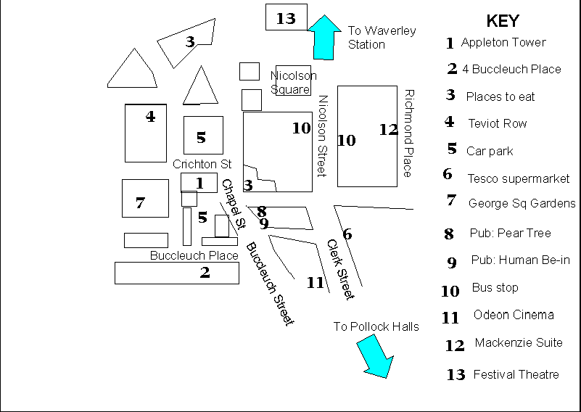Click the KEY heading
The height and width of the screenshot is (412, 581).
(x=502, y=20)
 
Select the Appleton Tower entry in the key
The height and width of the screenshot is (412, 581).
(x=503, y=43)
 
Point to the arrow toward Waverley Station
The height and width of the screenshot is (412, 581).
(x=324, y=38)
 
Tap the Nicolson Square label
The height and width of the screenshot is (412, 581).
(x=293, y=82)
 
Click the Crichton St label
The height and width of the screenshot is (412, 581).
(x=202, y=165)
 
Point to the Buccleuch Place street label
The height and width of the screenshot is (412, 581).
(x=194, y=255)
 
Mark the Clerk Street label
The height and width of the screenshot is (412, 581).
(x=339, y=269)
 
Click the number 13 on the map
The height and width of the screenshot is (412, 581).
(x=286, y=18)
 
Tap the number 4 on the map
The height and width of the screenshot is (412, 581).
(x=150, y=116)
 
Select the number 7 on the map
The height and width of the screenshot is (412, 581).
(x=140, y=202)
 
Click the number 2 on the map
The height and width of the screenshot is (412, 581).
(x=205, y=272)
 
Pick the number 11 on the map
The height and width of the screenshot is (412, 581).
(x=315, y=282)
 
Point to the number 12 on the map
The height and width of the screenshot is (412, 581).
(x=389, y=129)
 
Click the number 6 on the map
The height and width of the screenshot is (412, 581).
(x=347, y=234)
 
